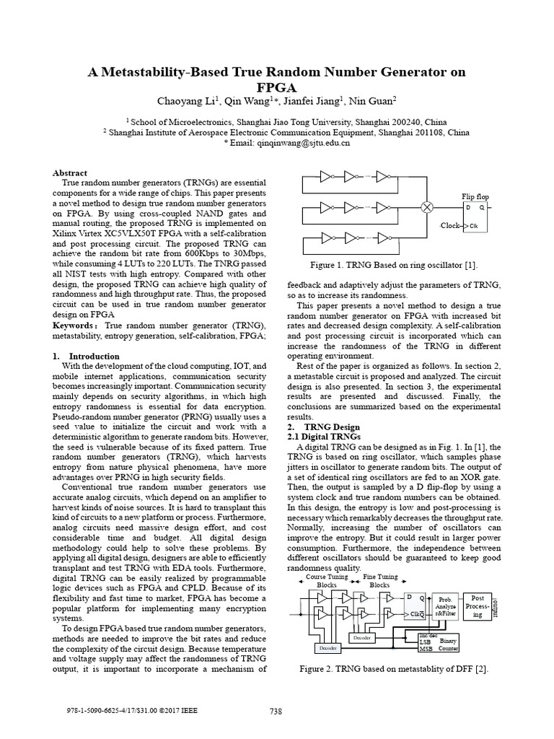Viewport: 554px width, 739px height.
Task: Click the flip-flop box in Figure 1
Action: click(x=475, y=217)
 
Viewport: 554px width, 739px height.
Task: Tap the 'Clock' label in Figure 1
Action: click(x=450, y=226)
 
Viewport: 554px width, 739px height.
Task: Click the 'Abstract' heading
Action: click(x=70, y=173)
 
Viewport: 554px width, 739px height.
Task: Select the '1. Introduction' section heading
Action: click(x=86, y=357)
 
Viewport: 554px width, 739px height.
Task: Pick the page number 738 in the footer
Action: click(x=276, y=712)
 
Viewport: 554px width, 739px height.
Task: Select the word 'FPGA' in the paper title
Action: click(x=277, y=87)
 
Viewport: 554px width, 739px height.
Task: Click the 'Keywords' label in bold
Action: click(x=74, y=325)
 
